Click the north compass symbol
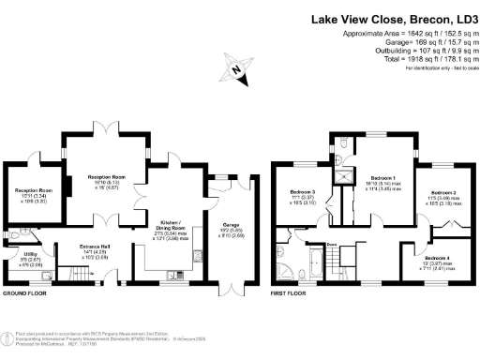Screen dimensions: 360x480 point(238,68)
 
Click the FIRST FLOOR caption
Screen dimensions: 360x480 point(291,292)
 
